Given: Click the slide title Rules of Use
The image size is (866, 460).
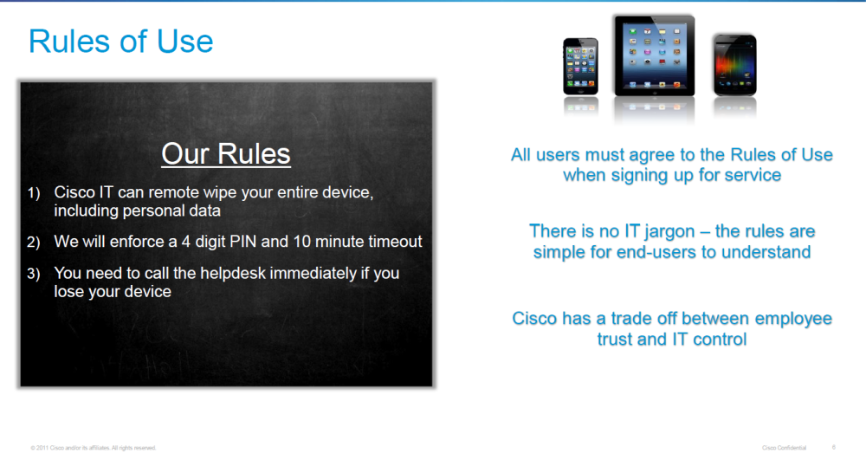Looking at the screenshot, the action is point(120,42).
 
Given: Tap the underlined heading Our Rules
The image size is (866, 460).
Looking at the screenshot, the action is point(226,153).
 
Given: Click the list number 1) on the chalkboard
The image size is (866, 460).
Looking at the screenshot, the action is point(34,192).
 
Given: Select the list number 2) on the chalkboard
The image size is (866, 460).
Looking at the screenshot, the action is point(34,242).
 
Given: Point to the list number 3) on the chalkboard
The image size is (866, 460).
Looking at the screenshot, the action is point(34,274).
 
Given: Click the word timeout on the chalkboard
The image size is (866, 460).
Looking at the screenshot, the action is point(395,242).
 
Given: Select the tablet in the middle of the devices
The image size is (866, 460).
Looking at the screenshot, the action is point(655,55).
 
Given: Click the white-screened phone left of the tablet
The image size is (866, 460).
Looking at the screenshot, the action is point(580,66).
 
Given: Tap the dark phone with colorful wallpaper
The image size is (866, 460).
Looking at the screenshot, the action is point(734,65).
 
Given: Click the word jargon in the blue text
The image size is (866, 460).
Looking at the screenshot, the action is point(669,230).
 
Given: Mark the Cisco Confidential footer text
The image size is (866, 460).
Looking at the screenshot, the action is point(785,448).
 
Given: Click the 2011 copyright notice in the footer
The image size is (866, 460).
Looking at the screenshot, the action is point(94,448).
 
